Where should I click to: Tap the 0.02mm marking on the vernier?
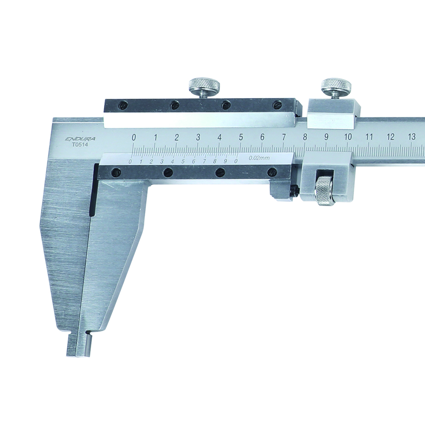point(258,158)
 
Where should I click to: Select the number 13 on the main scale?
point(411,136)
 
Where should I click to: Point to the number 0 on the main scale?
point(133,137)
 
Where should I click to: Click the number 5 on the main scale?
point(241,137)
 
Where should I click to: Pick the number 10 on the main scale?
point(348,137)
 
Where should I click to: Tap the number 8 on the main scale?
point(305,137)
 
